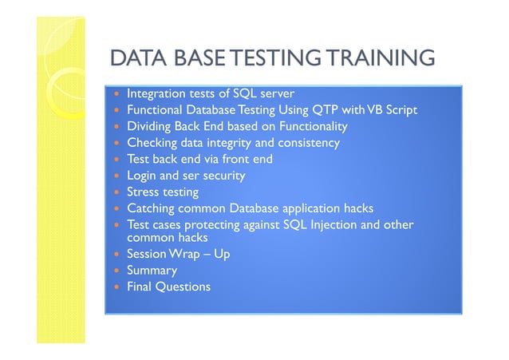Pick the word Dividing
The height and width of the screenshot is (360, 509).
tap(150, 126)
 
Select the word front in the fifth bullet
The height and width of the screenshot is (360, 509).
tap(228, 159)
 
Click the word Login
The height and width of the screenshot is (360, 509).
tap(143, 176)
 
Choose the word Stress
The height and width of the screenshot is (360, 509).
tap(144, 192)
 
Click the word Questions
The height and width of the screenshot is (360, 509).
tap(183, 287)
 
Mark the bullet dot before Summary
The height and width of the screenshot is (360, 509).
tap(118, 271)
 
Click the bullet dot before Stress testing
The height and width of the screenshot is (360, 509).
tap(118, 192)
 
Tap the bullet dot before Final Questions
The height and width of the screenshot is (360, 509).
tap(118, 287)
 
